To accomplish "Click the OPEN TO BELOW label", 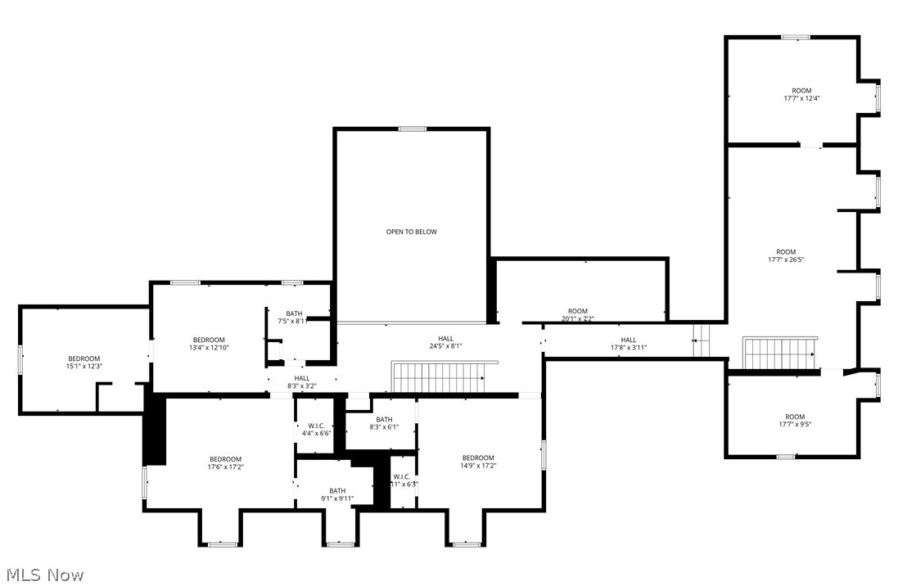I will (x=412, y=232).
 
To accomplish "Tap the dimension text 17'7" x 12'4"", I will (x=801, y=98).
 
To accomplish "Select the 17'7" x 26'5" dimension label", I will (x=786, y=260).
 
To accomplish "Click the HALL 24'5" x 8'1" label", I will (x=445, y=342).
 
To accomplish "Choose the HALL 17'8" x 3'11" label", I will (x=628, y=344).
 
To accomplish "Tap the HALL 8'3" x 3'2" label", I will (x=302, y=381).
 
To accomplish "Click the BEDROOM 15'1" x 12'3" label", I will (x=84, y=363).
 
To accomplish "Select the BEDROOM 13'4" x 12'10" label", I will (x=209, y=344).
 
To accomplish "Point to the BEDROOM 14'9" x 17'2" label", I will (x=478, y=462).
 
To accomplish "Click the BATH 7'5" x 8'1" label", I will (x=295, y=318).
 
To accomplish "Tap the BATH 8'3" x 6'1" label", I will (x=384, y=423).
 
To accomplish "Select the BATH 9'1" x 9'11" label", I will (x=337, y=494).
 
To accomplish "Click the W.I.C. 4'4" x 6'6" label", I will (x=316, y=428).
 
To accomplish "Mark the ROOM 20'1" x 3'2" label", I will (x=578, y=315).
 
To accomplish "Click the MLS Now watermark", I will (x=43, y=575).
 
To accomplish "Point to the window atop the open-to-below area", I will (x=412, y=128).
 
